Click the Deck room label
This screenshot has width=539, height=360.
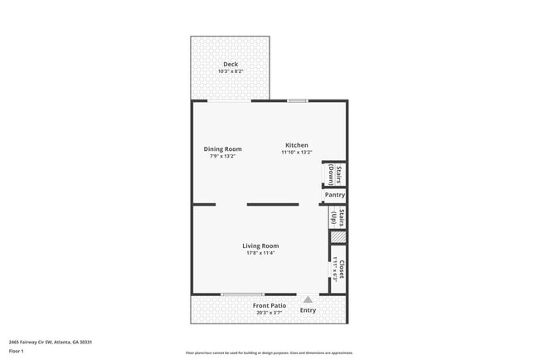click(231, 64)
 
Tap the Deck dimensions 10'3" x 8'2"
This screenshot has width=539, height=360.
click(231, 71)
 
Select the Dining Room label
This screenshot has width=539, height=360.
click(223, 149)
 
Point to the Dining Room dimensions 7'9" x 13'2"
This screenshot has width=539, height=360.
click(223, 156)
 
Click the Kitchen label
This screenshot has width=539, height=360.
click(297, 145)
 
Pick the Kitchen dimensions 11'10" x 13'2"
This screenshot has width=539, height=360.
click(297, 153)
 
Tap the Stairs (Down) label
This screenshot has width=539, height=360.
click(335, 175)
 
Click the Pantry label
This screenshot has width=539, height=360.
click(335, 195)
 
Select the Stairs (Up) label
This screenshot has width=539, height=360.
click(337, 217)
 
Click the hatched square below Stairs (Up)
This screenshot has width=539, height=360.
click(337, 237)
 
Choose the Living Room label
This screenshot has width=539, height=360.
click(260, 246)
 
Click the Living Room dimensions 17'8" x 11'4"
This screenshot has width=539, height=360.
click(260, 253)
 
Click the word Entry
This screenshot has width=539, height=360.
click(308, 310)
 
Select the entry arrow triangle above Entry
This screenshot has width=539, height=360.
click(308, 299)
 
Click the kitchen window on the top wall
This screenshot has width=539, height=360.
click(298, 100)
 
